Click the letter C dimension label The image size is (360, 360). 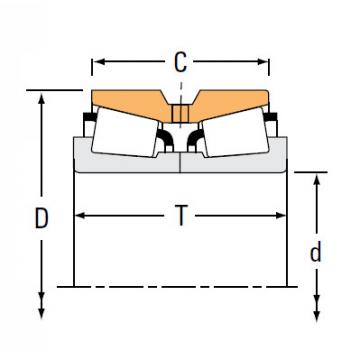180,64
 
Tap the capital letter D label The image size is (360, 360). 41,218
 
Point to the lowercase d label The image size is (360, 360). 315,252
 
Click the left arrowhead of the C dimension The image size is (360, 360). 97,65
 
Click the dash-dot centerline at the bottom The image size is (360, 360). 180,288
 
